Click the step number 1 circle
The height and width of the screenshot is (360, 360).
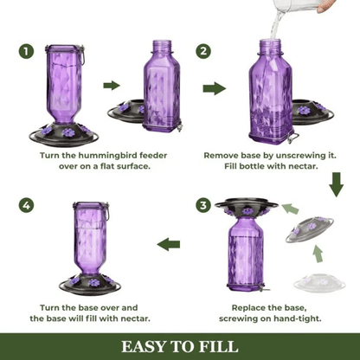coord(28,51)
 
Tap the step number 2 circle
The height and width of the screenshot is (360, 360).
coord(203,51)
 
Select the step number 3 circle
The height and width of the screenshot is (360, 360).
coord(203,205)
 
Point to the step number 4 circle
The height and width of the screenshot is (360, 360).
coord(28,205)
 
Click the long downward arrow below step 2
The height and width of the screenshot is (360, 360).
coord(336,183)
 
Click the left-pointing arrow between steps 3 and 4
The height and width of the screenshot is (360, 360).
coord(168,246)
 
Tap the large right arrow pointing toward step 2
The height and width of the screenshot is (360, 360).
coord(214,88)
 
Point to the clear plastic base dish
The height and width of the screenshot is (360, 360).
coord(319,282)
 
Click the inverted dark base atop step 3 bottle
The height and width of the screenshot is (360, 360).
coord(247,207)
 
